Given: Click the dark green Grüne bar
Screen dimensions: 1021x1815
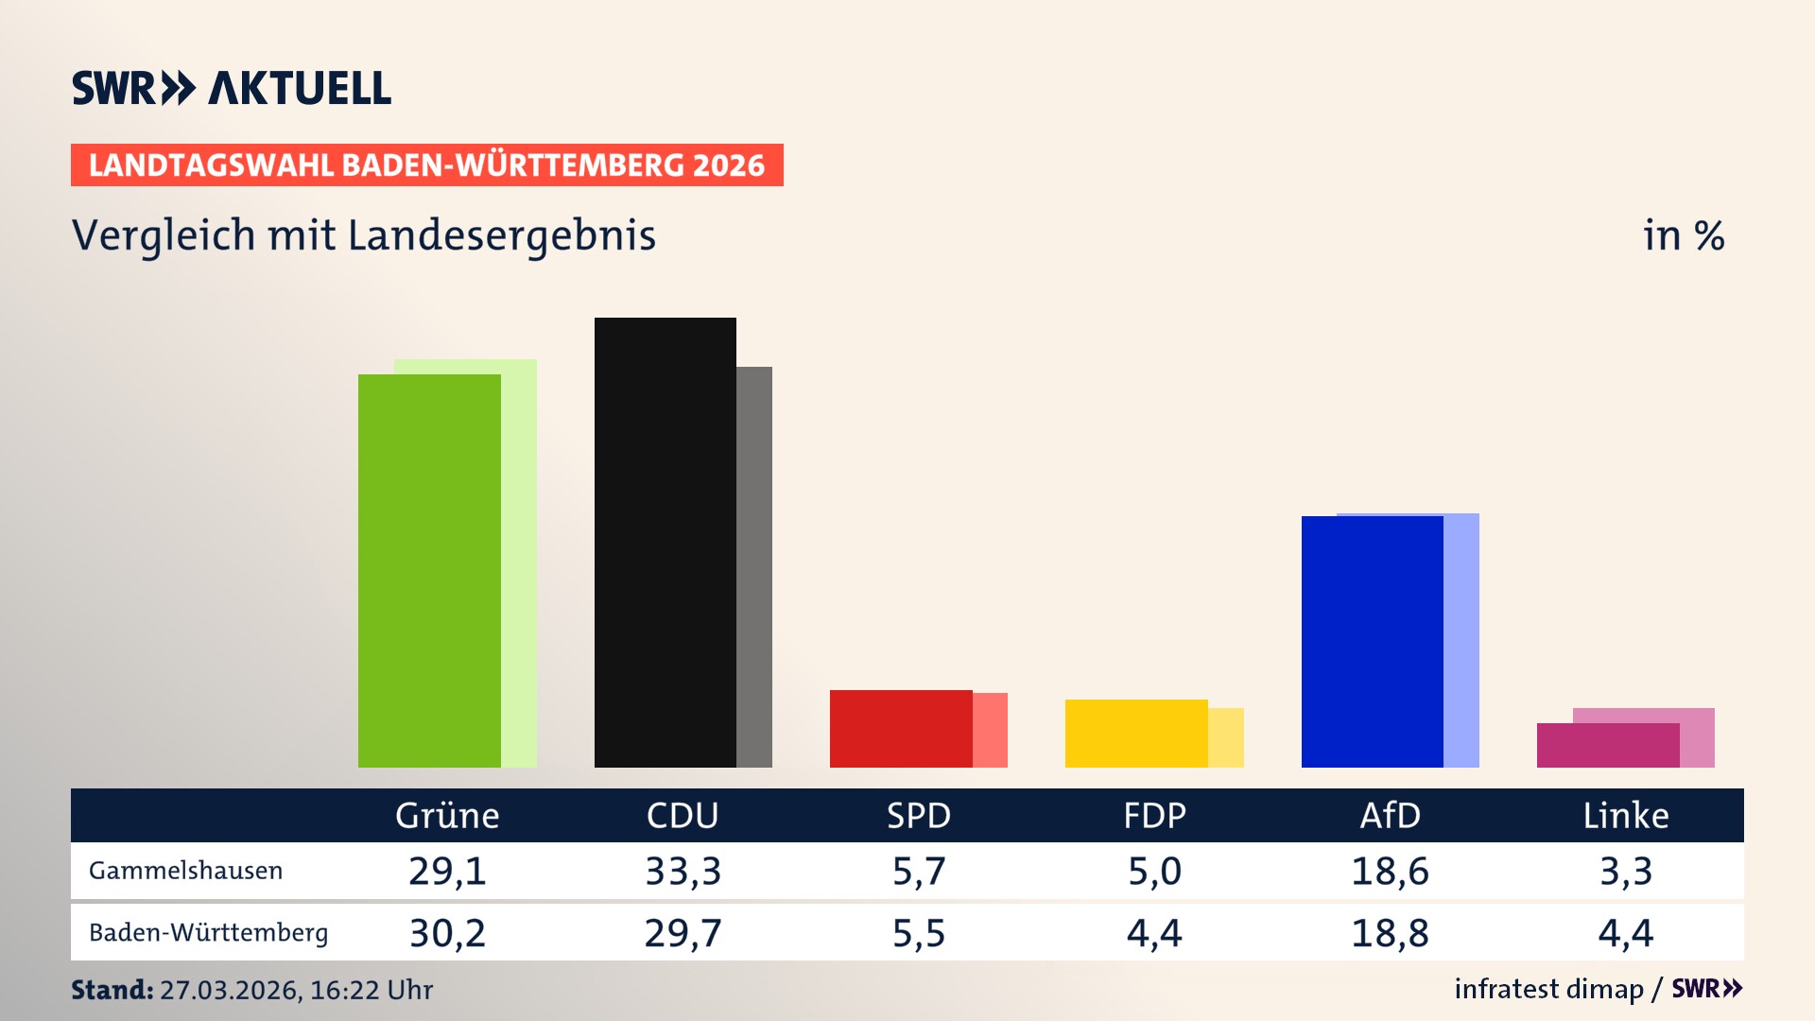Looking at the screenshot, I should tap(429, 570).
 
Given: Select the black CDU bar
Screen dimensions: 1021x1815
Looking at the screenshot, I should tap(665, 542).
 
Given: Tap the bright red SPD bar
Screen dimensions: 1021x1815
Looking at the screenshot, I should tap(901, 728).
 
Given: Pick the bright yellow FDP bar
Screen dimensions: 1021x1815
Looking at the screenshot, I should tap(1136, 733).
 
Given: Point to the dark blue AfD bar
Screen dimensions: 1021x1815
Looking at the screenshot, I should tap(1372, 641).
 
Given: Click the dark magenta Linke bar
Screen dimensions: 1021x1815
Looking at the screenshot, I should tap(1607, 745).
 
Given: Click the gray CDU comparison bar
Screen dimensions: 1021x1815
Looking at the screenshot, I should tap(754, 566).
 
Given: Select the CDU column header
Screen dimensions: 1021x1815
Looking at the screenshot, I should tap(683, 815).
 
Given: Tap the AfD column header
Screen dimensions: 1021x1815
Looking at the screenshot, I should tap(1390, 815).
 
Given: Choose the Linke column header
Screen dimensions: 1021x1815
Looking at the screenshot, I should tap(1626, 815).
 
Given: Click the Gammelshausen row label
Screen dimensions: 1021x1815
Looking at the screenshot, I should tap(185, 871).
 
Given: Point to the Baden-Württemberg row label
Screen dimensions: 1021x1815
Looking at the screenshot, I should tap(208, 932).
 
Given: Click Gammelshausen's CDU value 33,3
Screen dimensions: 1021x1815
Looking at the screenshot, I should tap(683, 871).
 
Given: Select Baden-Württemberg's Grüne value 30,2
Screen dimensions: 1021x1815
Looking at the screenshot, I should tap(447, 933).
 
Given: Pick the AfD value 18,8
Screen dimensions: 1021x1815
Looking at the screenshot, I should tap(1390, 933).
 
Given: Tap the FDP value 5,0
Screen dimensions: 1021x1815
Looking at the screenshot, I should tap(1154, 871).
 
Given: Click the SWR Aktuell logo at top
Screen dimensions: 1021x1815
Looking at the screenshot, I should tap(232, 88).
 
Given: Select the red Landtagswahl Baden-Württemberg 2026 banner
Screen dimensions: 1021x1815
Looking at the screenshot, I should tap(426, 164).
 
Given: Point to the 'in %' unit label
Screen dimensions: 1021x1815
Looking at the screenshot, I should tap(1684, 235).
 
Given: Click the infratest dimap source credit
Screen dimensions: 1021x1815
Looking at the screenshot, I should tap(1548, 989).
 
